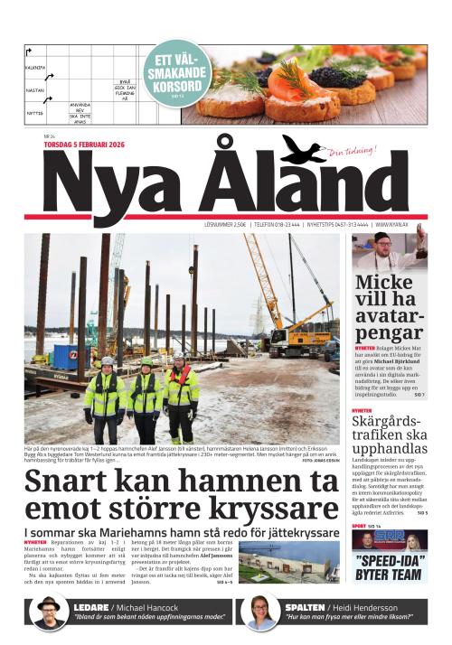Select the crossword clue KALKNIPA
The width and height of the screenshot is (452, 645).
click(x=35, y=67)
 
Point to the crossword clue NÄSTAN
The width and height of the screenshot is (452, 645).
click(x=34, y=90)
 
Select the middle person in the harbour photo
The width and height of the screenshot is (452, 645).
click(x=145, y=397)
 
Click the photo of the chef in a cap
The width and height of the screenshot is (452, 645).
click(x=390, y=250)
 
